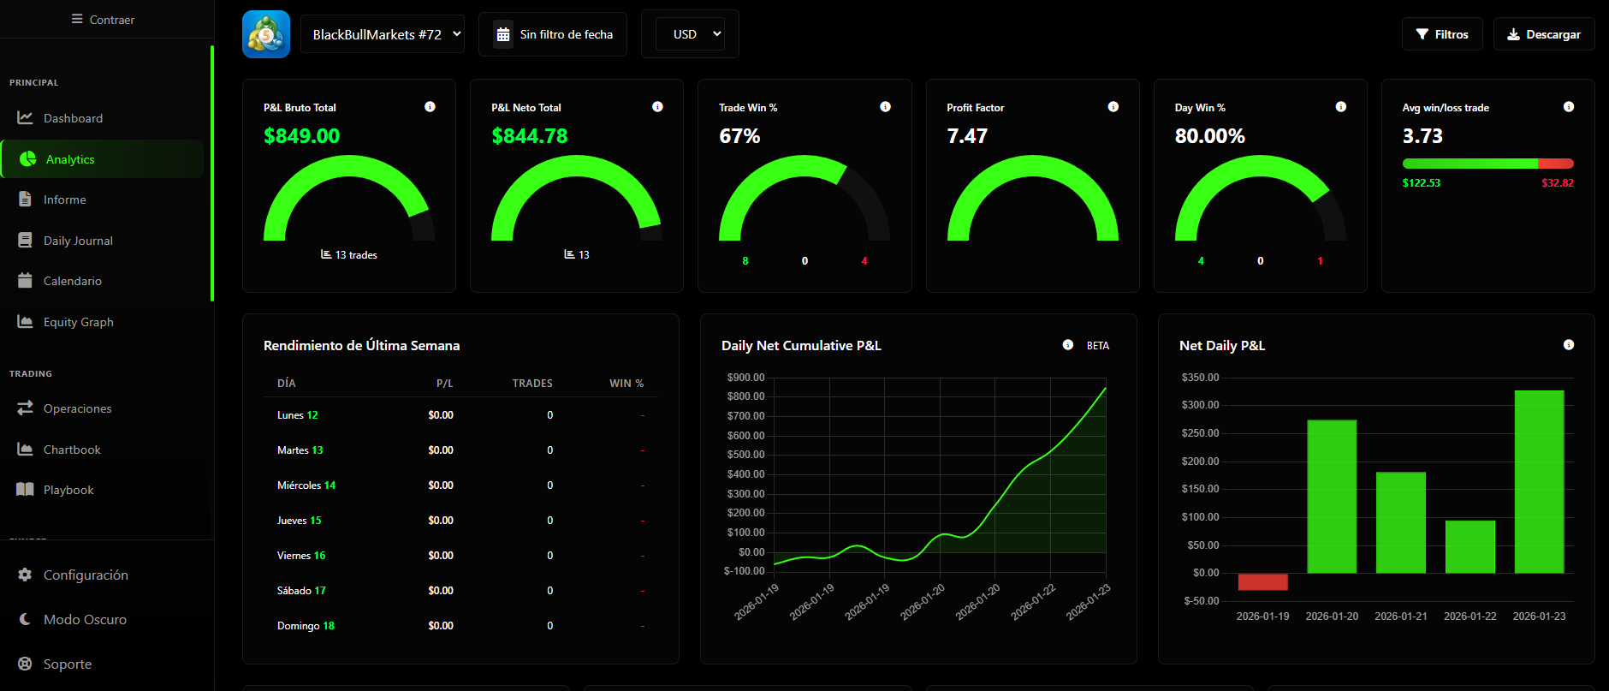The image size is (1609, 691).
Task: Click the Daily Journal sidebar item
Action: pyautogui.click(x=77, y=241)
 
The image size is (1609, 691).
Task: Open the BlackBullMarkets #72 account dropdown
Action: pyautogui.click(x=383, y=34)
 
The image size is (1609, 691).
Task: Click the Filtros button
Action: pyautogui.click(x=1442, y=34)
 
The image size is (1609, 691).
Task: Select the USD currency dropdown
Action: pyautogui.click(x=690, y=34)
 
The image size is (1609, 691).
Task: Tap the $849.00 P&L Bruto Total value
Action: pyautogui.click(x=301, y=136)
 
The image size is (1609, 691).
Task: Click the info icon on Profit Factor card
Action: pyautogui.click(x=1113, y=107)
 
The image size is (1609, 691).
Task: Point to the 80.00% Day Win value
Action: pyautogui.click(x=1209, y=136)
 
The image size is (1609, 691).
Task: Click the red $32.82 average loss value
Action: pyautogui.click(x=1557, y=183)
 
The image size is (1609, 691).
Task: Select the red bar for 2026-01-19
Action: pyautogui.click(x=1262, y=582)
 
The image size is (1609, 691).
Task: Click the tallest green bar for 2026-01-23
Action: pyautogui.click(x=1539, y=481)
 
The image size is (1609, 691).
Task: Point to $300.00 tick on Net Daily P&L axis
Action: pyautogui.click(x=1200, y=405)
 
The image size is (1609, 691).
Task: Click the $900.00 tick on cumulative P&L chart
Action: pyautogui.click(x=745, y=378)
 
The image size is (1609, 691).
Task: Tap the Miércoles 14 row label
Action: pyautogui.click(x=306, y=485)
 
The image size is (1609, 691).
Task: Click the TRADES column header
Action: pyautogui.click(x=532, y=384)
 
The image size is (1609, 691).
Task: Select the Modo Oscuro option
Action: pyautogui.click(x=84, y=619)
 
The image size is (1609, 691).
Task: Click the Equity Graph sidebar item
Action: pyautogui.click(x=78, y=322)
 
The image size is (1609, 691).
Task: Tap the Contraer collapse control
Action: pyautogui.click(x=103, y=19)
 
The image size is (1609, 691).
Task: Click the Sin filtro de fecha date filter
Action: pyautogui.click(x=553, y=34)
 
